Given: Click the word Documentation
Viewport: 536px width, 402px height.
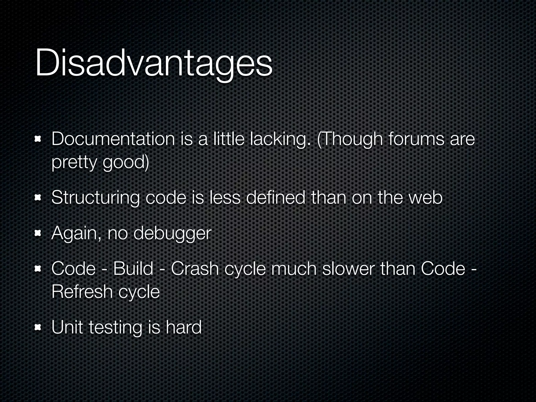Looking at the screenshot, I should click(x=113, y=139).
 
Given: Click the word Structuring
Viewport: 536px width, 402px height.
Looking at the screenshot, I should click(x=95, y=198).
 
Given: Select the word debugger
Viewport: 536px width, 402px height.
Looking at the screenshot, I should click(x=172, y=233).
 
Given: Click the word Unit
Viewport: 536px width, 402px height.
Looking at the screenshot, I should click(x=67, y=327).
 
